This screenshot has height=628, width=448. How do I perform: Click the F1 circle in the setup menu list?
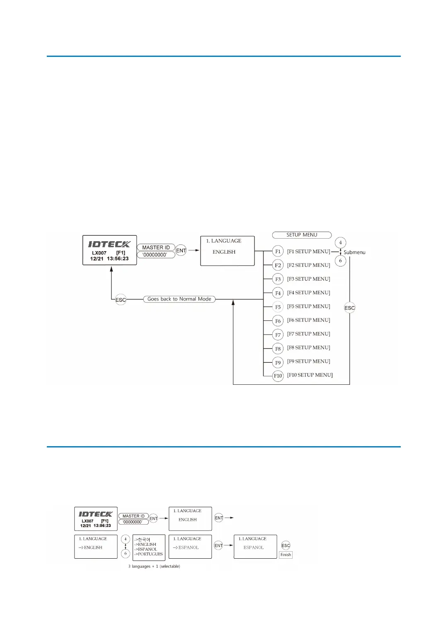[x=278, y=252]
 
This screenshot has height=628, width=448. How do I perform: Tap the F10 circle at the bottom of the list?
[x=278, y=376]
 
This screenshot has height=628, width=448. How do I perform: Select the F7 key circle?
[x=278, y=335]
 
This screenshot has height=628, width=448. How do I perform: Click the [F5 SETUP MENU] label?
[x=308, y=306]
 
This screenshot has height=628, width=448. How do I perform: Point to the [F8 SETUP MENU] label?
[x=308, y=347]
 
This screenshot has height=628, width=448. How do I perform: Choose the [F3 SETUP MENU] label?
[x=308, y=279]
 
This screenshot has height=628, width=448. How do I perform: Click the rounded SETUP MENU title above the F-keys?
[x=302, y=235]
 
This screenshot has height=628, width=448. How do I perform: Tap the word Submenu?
[x=354, y=252]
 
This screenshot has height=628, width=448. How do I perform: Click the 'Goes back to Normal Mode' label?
[x=179, y=299]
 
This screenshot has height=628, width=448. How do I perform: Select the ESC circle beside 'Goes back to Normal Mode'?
[x=121, y=300]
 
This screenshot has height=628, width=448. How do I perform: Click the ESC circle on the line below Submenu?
[x=350, y=308]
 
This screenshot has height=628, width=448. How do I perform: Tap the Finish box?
[x=286, y=555]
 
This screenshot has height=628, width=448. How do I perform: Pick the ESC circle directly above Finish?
[x=286, y=545]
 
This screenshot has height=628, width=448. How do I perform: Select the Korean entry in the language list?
[x=144, y=540]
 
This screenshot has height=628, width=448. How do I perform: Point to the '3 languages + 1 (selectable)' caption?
[x=154, y=566]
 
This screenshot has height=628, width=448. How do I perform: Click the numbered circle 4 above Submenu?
[x=340, y=242]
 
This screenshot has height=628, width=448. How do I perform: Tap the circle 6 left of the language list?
[x=125, y=553]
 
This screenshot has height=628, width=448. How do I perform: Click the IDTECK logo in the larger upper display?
[x=109, y=244]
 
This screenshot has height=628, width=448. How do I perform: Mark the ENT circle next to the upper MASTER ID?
[x=181, y=251]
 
